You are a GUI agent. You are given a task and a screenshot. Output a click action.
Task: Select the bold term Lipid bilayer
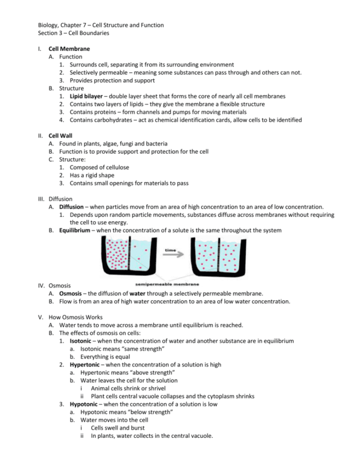[x=86, y=96]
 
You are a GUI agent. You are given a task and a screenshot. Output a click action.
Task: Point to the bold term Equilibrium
[x=75, y=230]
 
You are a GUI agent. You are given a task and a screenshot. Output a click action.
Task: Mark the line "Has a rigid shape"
[x=92, y=175]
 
